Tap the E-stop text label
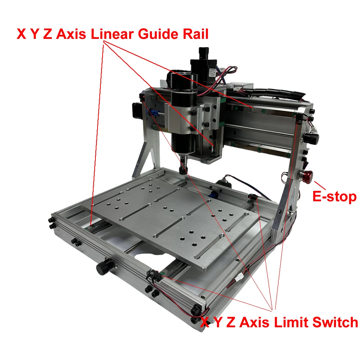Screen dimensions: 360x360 tap(334, 197)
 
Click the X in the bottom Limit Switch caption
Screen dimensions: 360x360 tap(204, 322)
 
